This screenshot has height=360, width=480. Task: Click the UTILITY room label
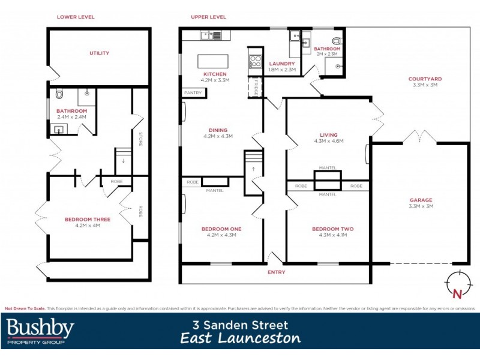tap(99, 53)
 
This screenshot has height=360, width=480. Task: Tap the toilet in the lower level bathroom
tap(58, 95)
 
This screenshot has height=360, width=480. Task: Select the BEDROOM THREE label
tap(88, 220)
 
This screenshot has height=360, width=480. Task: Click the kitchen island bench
tap(213, 61)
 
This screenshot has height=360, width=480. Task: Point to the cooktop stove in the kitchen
tap(254, 60)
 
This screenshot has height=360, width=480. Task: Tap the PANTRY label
tap(193, 93)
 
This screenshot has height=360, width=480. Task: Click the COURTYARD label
tap(425, 79)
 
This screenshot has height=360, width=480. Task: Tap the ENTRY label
tap(277, 272)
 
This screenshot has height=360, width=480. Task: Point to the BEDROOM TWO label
tap(332, 229)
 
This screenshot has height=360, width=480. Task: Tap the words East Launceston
tap(240, 338)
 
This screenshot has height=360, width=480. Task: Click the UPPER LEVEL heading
tap(208, 17)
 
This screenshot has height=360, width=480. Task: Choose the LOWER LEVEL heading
tap(76, 17)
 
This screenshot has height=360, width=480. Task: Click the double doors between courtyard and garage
tap(418, 137)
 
